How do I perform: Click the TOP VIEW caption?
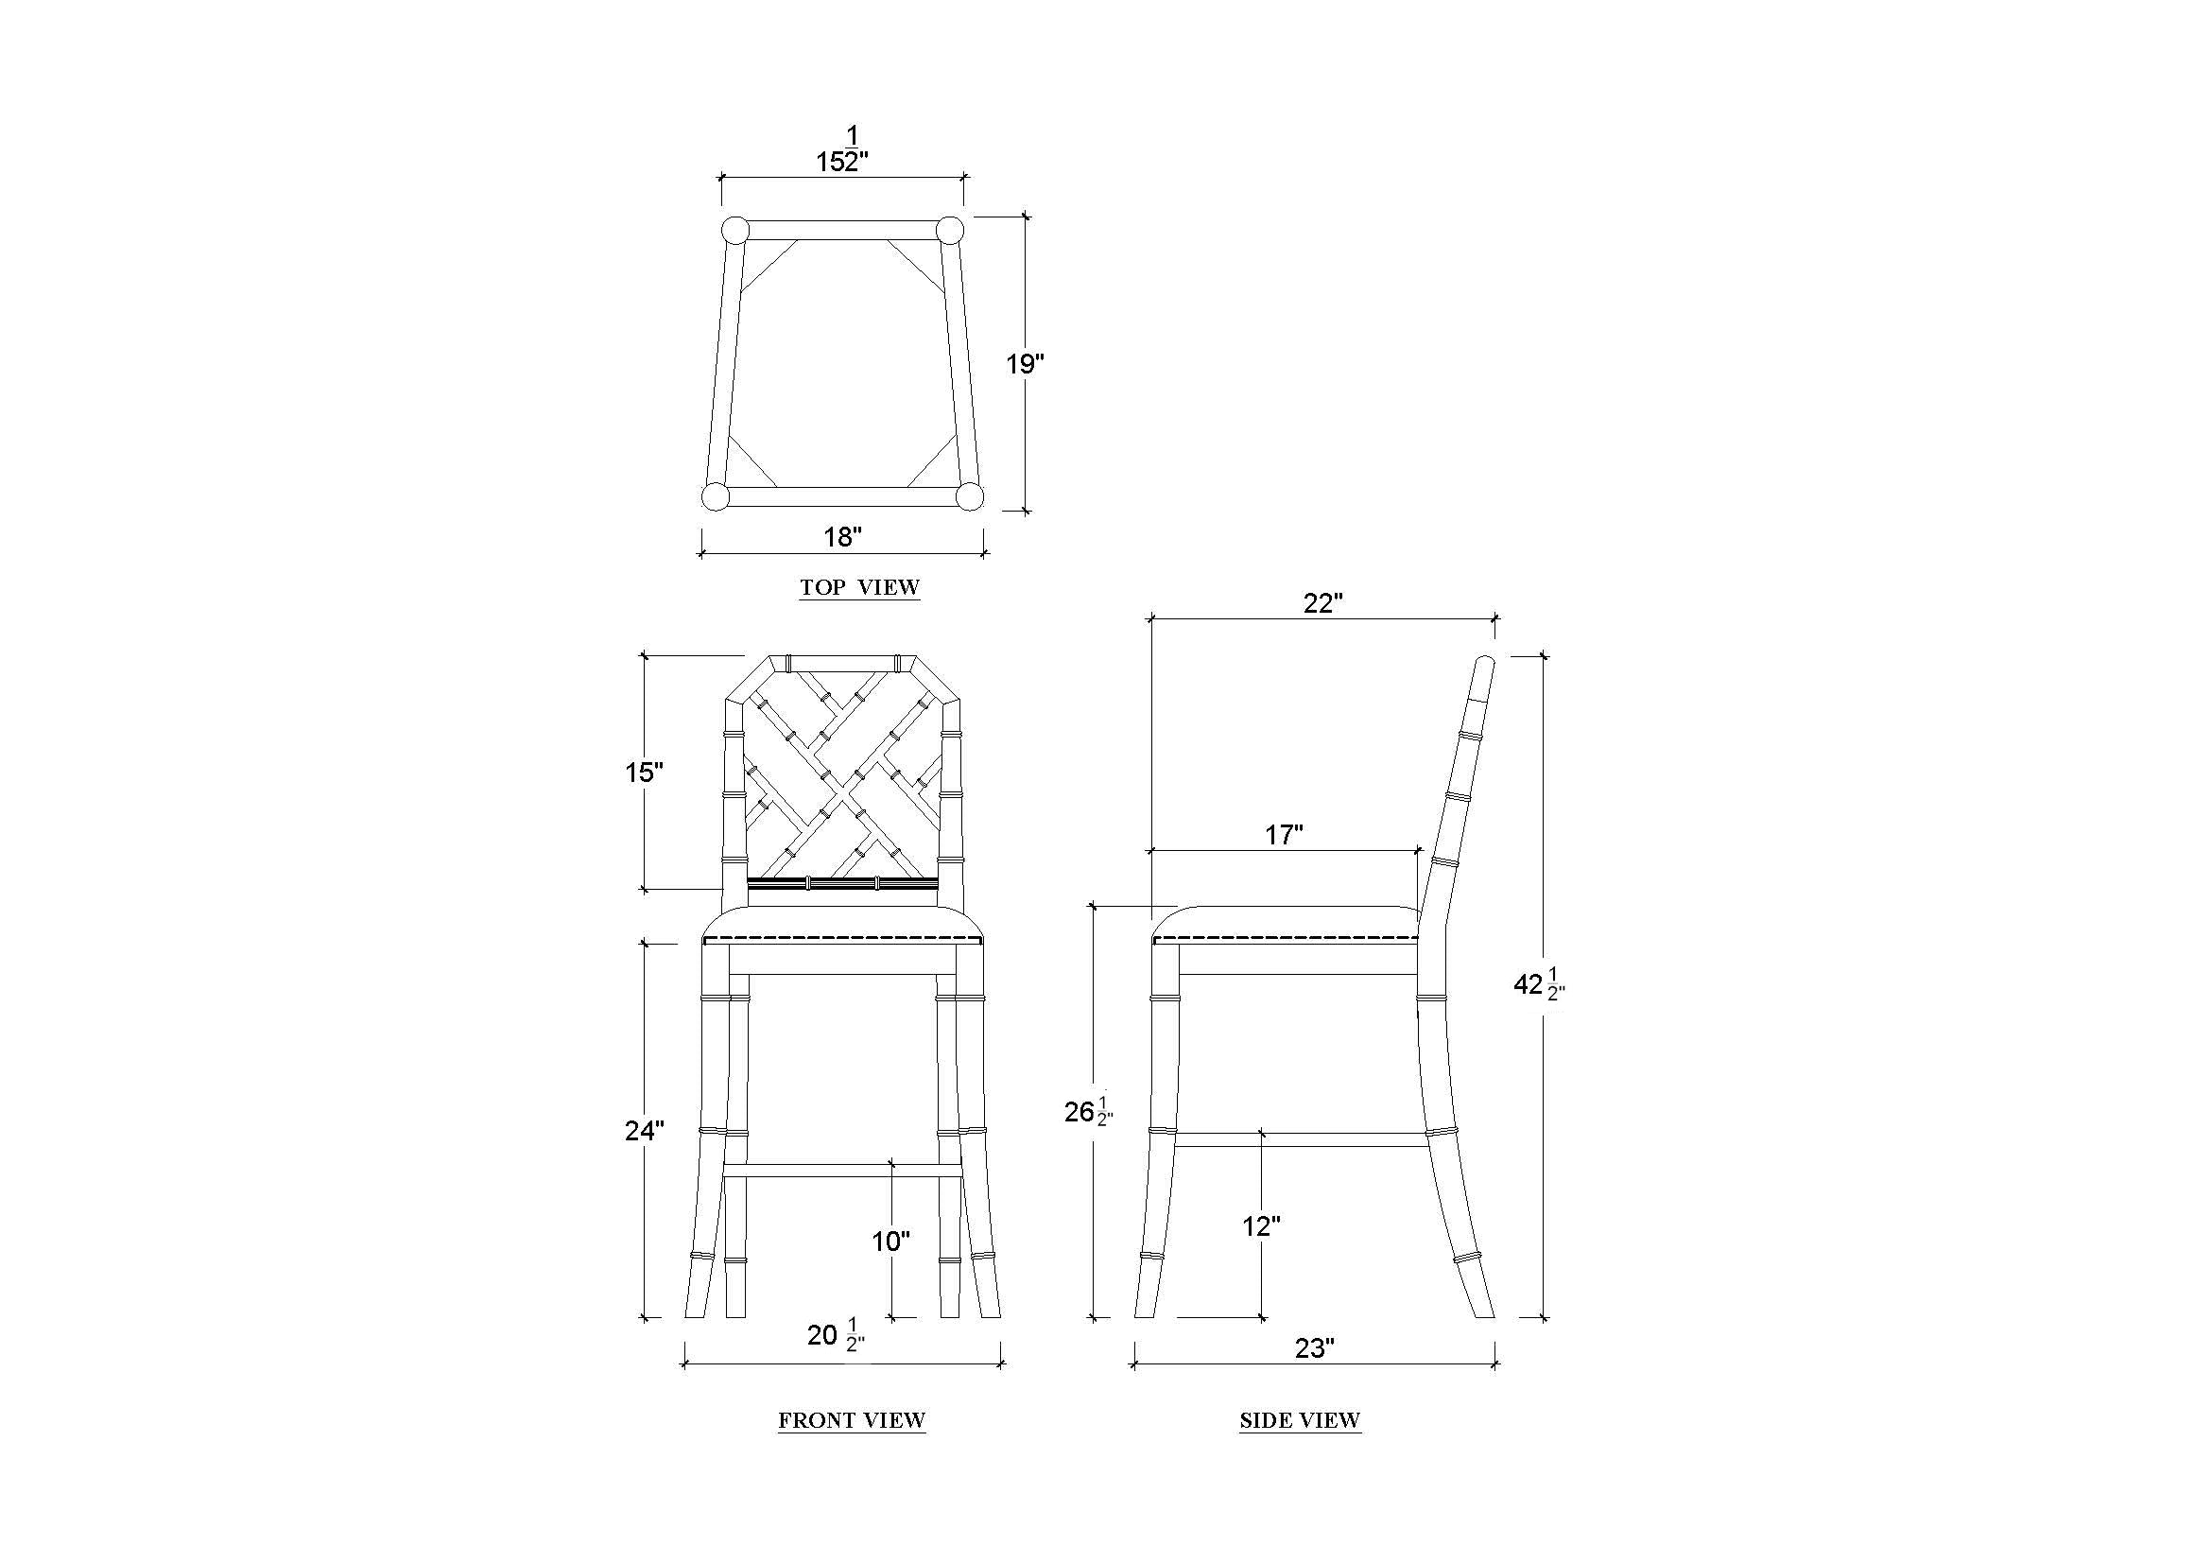tap(859, 587)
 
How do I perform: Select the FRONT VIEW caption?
tap(852, 1420)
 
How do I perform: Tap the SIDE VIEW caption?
tap(1300, 1420)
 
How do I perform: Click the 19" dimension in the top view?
tap(1026, 364)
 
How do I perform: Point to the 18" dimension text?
tap(842, 536)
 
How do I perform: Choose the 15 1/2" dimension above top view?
tap(843, 150)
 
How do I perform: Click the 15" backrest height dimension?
tap(645, 773)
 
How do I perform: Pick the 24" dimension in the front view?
tap(645, 1131)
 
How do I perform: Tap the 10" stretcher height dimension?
tap(891, 1242)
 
